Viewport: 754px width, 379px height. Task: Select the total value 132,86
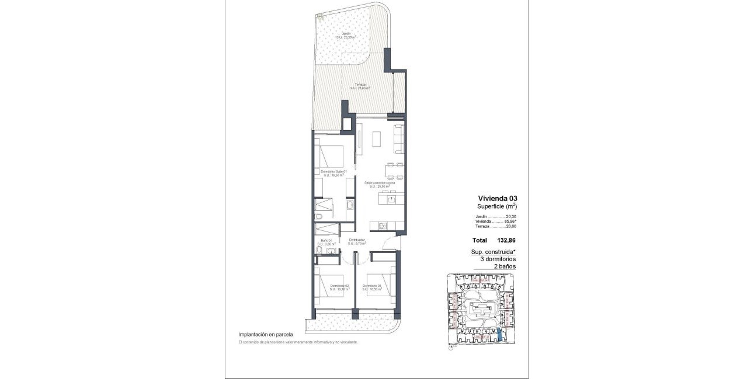[x=507, y=240]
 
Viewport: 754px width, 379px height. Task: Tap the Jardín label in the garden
[x=347, y=34]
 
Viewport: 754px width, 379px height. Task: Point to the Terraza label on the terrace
[x=360, y=85]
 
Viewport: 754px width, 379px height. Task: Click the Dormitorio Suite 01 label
[x=333, y=171]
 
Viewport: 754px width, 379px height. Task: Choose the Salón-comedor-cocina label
[x=380, y=183]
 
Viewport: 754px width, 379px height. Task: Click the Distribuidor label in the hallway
[x=357, y=240]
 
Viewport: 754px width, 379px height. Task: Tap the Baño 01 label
[x=326, y=241]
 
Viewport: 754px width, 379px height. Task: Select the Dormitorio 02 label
[x=339, y=286]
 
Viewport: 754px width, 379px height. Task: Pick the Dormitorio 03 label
[x=371, y=286]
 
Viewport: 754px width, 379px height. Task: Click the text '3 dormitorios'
[x=498, y=259]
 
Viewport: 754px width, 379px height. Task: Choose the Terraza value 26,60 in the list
[x=512, y=227]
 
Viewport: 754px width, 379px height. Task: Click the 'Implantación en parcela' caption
[x=265, y=335]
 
